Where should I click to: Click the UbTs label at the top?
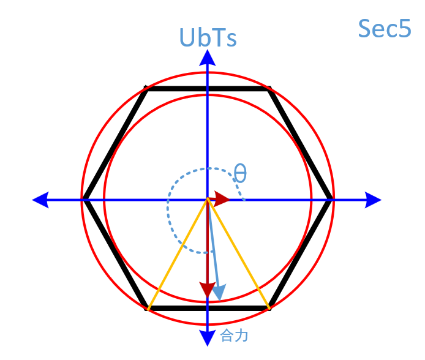pos(208,38)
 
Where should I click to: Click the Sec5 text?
pos(384,29)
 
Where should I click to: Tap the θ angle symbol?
pos(240,173)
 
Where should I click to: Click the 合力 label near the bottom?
pos(234,336)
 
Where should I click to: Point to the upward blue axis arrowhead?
pos(208,58)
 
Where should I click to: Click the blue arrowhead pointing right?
pos(372,199)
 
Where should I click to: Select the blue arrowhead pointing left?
pos(41,199)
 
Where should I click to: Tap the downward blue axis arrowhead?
pos(208,336)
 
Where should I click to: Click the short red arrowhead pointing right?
pos(222,199)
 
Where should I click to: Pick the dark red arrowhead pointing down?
pos(208,290)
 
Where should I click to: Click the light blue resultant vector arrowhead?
pos(219,293)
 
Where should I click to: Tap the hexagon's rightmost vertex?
pos(332,199)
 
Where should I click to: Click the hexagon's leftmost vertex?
pos(84,199)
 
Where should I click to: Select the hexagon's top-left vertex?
pos(146,89)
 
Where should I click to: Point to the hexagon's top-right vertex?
pos(269,89)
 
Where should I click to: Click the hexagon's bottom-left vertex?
pos(147,308)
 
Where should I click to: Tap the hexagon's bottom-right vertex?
pos(269,308)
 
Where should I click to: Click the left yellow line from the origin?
pos(178,253)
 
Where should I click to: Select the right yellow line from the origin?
pos(239,253)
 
